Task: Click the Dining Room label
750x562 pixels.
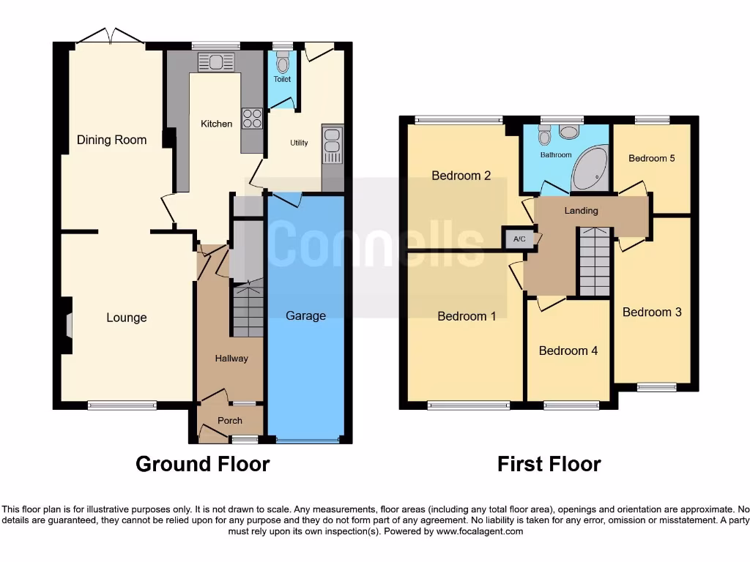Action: tap(111, 140)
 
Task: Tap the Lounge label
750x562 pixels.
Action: tap(127, 318)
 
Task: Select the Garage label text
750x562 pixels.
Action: tap(305, 315)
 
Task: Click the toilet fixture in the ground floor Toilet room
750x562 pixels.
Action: tap(283, 62)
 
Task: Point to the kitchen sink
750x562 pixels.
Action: tap(215, 62)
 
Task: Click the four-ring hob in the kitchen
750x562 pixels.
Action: tap(253, 119)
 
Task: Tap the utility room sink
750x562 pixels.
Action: tap(333, 143)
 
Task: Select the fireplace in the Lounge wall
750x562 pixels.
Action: tap(68, 325)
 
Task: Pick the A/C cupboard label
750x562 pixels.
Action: tap(519, 239)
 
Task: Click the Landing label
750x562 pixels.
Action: tap(581, 211)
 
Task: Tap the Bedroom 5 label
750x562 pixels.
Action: tap(651, 158)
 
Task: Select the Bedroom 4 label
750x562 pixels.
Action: tap(568, 351)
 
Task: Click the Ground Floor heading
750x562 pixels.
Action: tap(202, 464)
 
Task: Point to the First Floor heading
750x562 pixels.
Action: tap(549, 464)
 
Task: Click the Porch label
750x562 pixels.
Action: tap(230, 421)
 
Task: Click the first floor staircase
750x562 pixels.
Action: tap(594, 261)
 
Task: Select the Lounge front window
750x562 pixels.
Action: tap(122, 405)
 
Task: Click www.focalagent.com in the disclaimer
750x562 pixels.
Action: tap(479, 531)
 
